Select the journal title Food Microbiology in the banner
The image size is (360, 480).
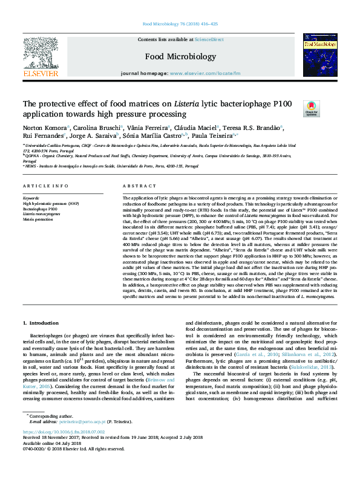180,57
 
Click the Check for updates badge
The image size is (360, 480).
311,108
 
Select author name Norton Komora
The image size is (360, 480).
44,128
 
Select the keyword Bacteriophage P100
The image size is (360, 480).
41,209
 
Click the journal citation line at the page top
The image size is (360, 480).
180,24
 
